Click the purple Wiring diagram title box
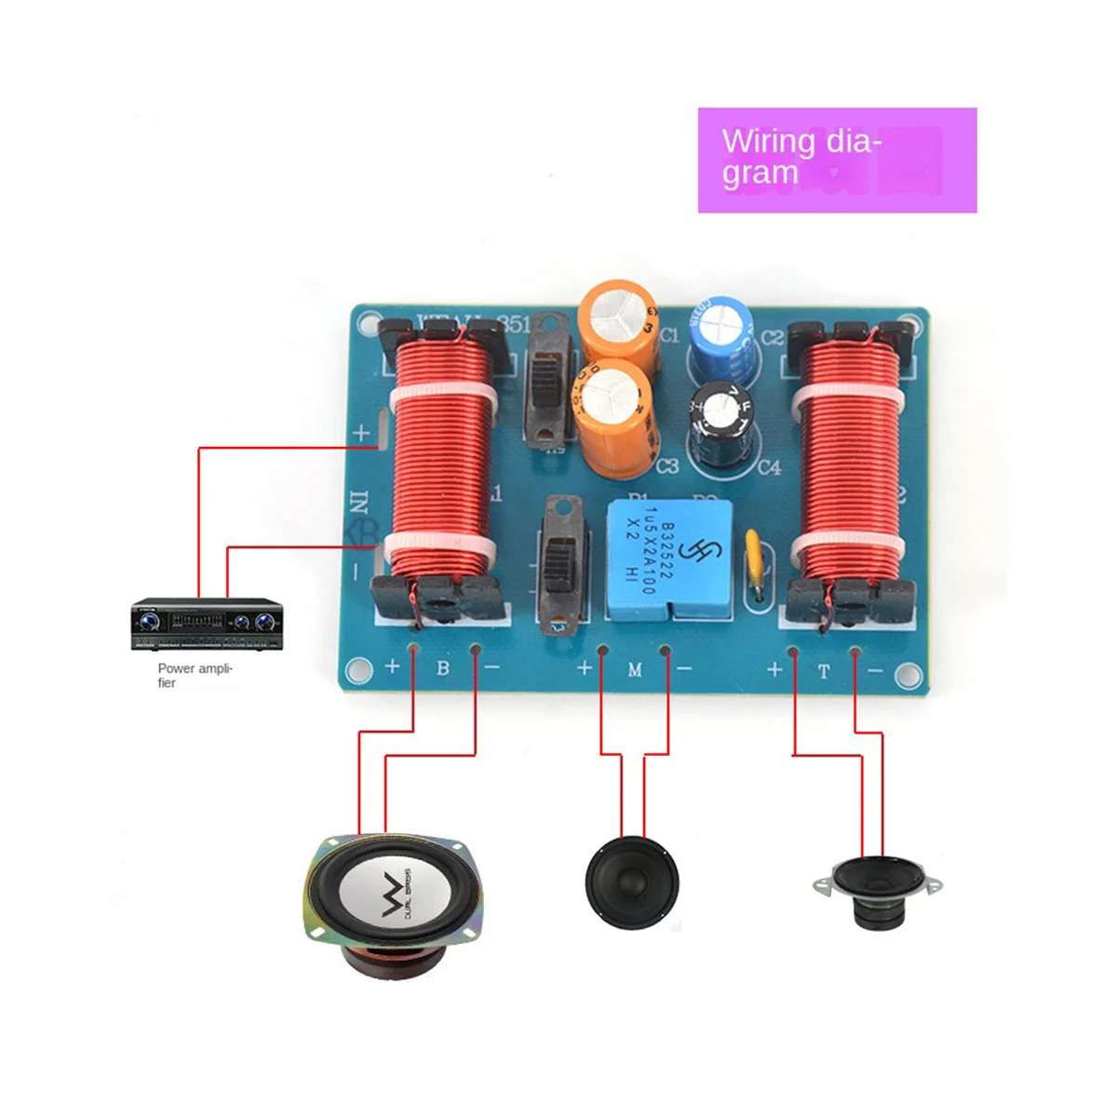[837, 160]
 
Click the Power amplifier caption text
[194, 675]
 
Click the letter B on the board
[443, 667]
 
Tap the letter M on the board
[635, 669]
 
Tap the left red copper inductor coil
[439, 456]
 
